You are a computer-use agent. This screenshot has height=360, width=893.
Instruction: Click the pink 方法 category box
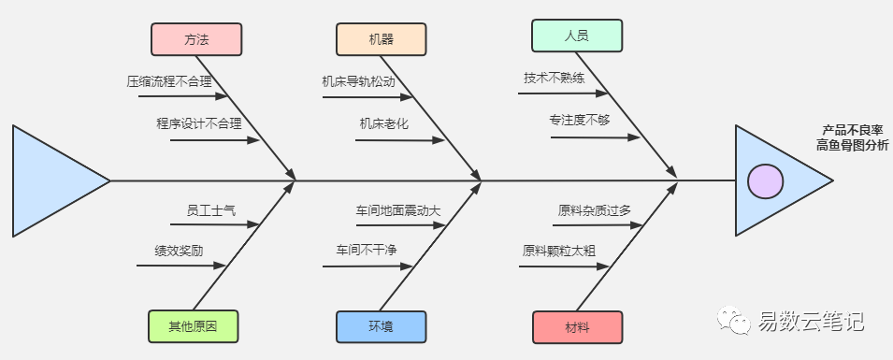196,39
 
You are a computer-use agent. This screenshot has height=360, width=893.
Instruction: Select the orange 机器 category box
381,39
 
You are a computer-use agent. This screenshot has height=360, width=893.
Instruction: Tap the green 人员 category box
577,36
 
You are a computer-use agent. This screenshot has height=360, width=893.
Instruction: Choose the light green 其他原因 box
193,326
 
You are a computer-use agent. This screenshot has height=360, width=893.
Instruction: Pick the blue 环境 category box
381,327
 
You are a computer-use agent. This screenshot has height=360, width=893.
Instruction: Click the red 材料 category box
578,327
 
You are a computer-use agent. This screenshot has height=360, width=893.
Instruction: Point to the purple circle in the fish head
766,181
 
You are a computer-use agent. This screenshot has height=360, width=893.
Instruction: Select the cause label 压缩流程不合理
169,81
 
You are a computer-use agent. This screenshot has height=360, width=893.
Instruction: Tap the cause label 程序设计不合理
199,123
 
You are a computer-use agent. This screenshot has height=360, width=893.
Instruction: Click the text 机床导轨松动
358,81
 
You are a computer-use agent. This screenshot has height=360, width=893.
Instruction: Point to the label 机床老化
384,123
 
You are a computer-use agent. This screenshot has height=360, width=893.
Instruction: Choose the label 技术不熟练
555,78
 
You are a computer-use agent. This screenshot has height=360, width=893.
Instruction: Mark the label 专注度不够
579,121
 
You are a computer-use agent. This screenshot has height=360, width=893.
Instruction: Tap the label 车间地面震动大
398,210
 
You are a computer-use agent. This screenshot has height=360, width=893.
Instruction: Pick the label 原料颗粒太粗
558,251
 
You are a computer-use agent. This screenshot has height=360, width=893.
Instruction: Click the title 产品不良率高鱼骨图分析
852,137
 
